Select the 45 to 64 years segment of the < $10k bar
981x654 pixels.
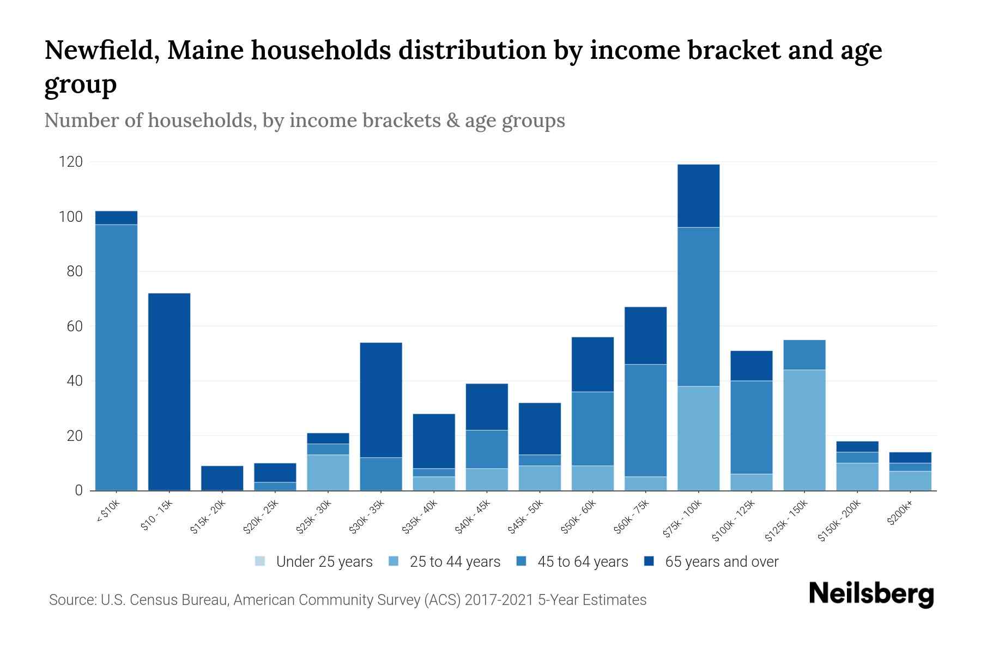point(116,357)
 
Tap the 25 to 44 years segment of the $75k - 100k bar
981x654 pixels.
point(698,438)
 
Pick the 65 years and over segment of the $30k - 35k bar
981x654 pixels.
point(381,399)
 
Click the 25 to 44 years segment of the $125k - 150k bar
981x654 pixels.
point(804,430)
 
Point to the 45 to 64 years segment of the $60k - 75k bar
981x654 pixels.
point(645,420)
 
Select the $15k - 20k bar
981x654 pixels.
point(222,478)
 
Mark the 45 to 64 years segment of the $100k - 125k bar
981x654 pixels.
point(751,427)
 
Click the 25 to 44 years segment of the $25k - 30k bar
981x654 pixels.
point(328,473)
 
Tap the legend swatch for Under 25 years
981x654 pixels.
point(261,561)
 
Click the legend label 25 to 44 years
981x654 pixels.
point(455,562)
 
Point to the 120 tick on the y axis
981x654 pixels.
point(71,162)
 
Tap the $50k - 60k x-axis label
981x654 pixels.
point(580,517)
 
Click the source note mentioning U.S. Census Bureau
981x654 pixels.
point(347,600)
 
